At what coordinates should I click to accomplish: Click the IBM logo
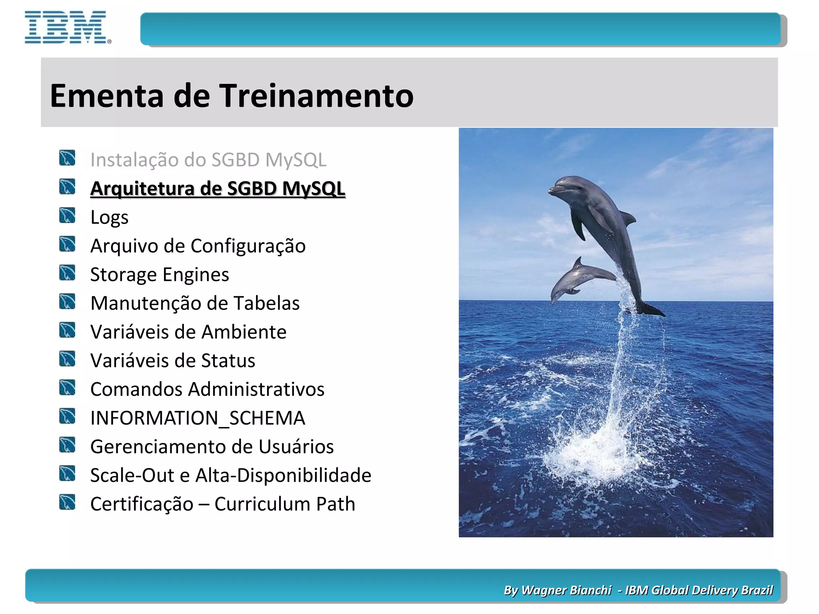(66, 27)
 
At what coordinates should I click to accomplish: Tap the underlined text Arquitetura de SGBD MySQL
(218, 189)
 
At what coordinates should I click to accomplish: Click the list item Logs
(109, 218)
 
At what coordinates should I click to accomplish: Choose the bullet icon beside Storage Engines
(67, 273)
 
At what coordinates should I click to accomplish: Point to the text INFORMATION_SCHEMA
(198, 418)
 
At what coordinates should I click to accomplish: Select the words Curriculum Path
(285, 504)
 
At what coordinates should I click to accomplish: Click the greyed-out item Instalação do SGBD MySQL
(208, 160)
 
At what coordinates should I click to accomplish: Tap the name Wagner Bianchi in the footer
(566, 590)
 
